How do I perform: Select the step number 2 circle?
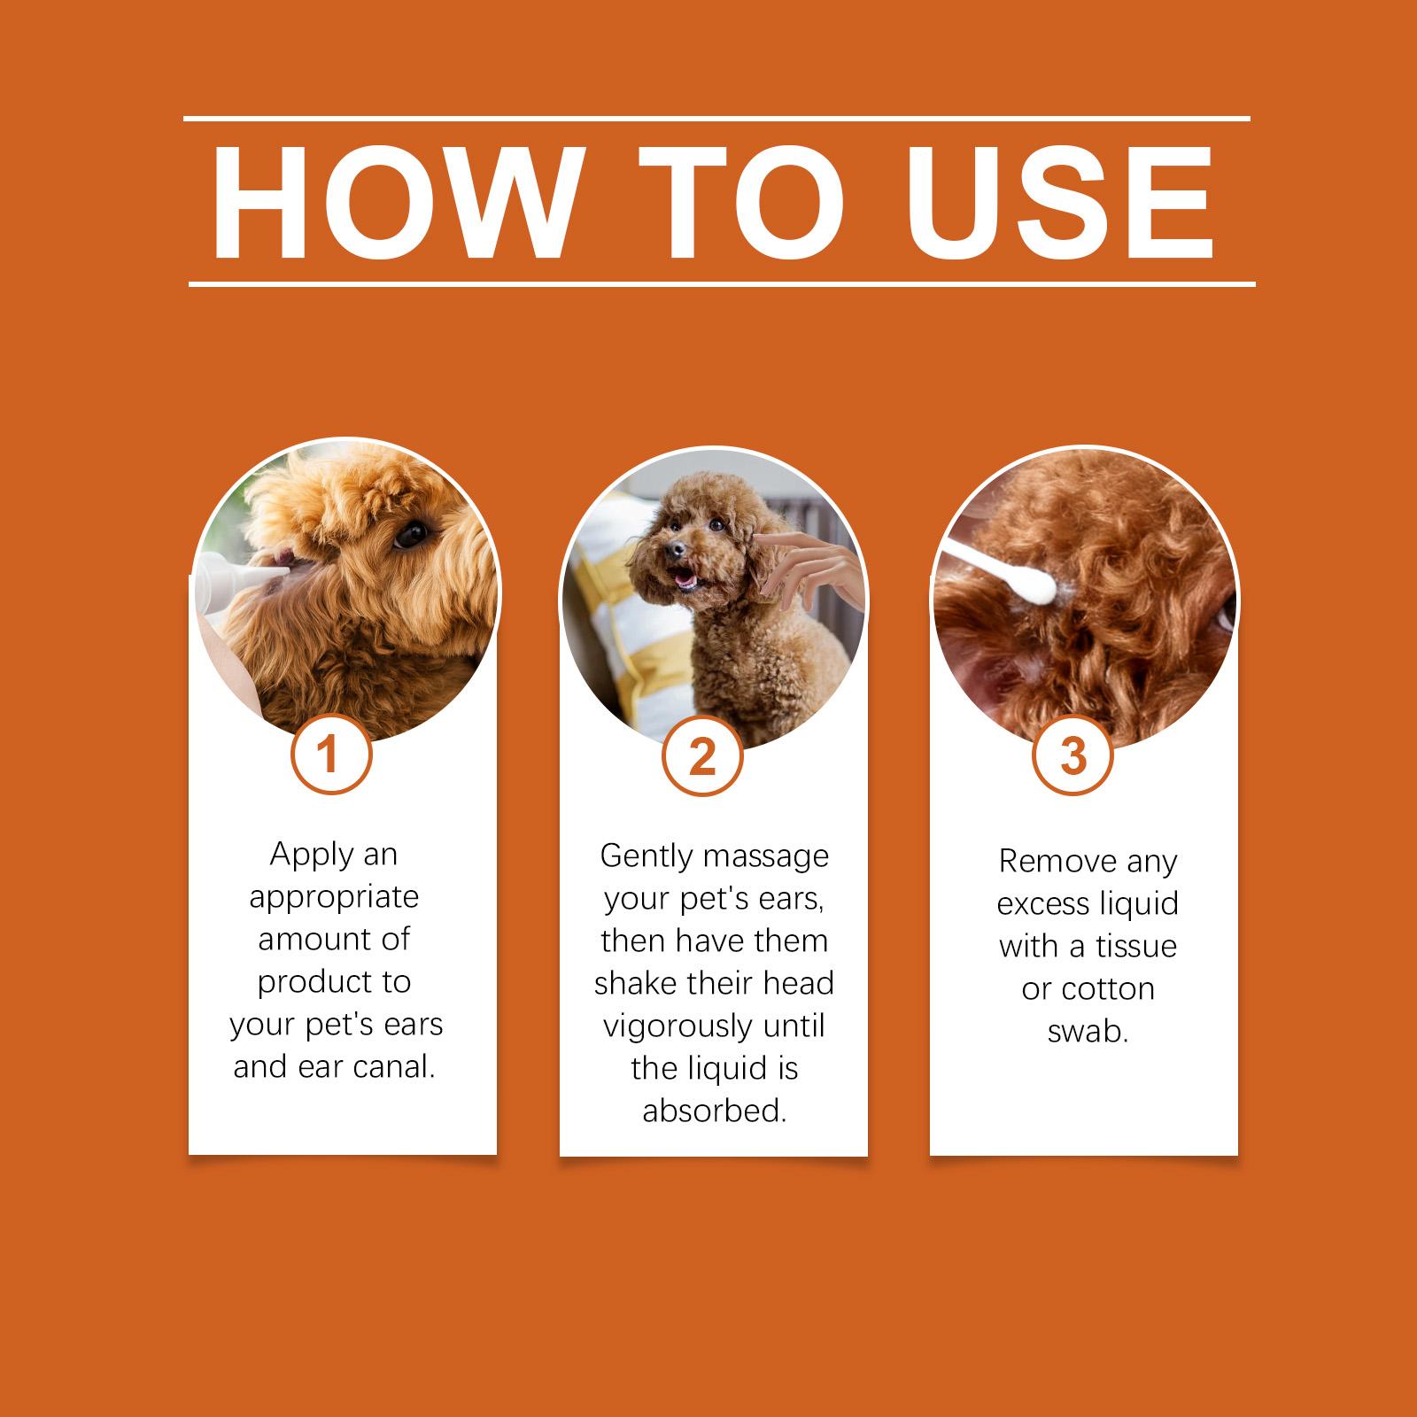[701, 758]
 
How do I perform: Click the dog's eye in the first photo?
[411, 534]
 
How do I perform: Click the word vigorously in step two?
[670, 1026]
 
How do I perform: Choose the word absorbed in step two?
[715, 1111]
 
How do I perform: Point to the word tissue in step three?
[1134, 946]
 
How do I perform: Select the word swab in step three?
[1088, 1031]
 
